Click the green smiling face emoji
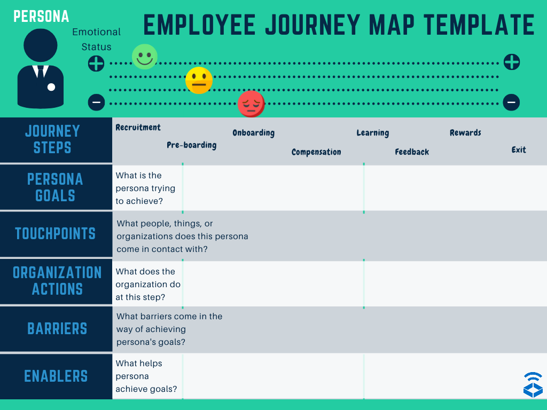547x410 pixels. pyautogui.click(x=145, y=57)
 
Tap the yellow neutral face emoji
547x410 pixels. pyautogui.click(x=199, y=81)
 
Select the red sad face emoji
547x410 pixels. pyautogui.click(x=251, y=104)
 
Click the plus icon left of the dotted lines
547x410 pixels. pyautogui.click(x=96, y=64)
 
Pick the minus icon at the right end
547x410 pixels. pyautogui.click(x=511, y=102)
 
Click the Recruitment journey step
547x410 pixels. pyautogui.click(x=138, y=128)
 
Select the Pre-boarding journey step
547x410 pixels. pyautogui.click(x=191, y=145)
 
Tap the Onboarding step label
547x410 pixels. pyautogui.click(x=253, y=132)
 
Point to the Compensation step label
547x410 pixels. pyautogui.click(x=316, y=152)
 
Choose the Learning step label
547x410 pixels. pyautogui.click(x=372, y=133)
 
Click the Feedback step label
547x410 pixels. pyautogui.click(x=412, y=152)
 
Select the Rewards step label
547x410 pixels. pyautogui.click(x=465, y=132)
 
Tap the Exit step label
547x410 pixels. pyautogui.click(x=519, y=150)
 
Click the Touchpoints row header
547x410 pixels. pyautogui.click(x=56, y=234)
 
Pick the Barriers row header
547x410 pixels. pyautogui.click(x=57, y=328)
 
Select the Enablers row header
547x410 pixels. pyautogui.click(x=56, y=376)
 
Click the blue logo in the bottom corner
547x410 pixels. pyautogui.click(x=533, y=384)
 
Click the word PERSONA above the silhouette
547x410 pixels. pyautogui.click(x=41, y=17)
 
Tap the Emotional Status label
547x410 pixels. pyautogui.click(x=97, y=40)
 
